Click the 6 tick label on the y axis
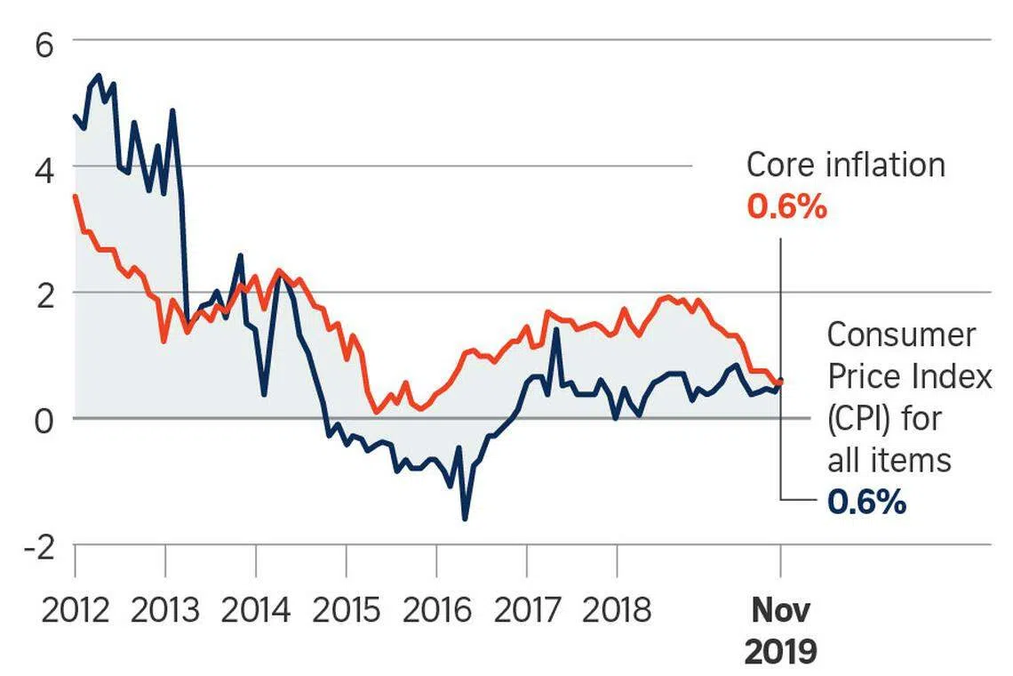(x=44, y=44)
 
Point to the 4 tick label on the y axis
(x=44, y=166)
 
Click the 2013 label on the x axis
(x=165, y=611)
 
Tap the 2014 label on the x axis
(x=256, y=611)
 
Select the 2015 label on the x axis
(x=346, y=611)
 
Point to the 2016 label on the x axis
(x=436, y=611)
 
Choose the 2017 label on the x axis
(x=527, y=611)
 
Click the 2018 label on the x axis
(x=617, y=611)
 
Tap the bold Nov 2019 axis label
(x=780, y=632)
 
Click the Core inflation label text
(x=845, y=165)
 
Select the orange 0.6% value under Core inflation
(x=786, y=207)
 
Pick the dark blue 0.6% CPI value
(x=866, y=503)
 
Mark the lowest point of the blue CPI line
(x=465, y=519)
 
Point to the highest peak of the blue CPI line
(x=98, y=75)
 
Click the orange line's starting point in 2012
(x=75, y=196)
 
